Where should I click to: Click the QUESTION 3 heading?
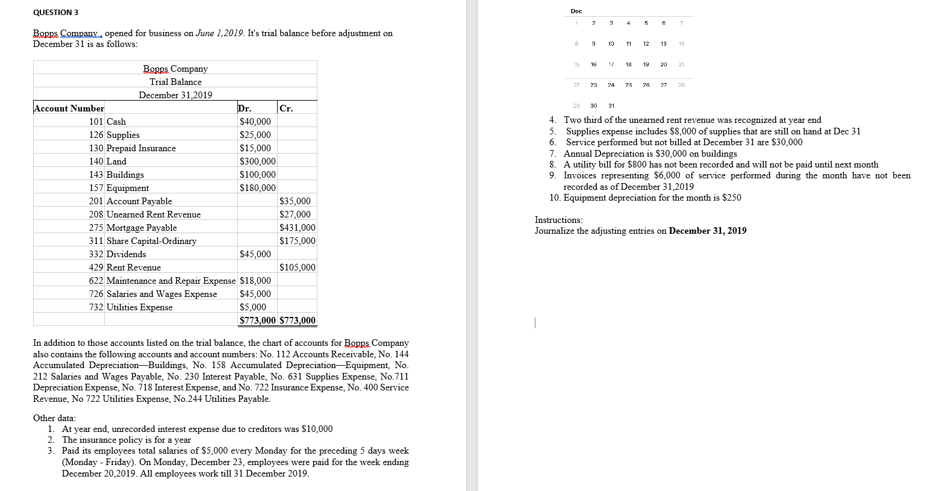55,13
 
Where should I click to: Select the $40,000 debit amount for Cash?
255,122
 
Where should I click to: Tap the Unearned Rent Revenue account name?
154,214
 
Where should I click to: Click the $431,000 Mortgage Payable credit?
297,228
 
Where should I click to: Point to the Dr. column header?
245,108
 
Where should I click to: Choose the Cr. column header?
286,108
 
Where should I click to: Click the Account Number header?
69,108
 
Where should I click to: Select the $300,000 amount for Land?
257,161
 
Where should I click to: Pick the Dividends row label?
126,254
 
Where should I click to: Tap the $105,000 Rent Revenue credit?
297,267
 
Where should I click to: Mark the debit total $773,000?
257,321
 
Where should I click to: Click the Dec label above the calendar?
576,11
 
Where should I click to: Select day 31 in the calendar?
611,105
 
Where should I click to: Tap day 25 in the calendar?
628,85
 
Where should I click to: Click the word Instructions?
558,220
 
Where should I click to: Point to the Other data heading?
54,418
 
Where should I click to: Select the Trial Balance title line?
175,82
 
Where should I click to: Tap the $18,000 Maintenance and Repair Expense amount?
255,281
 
